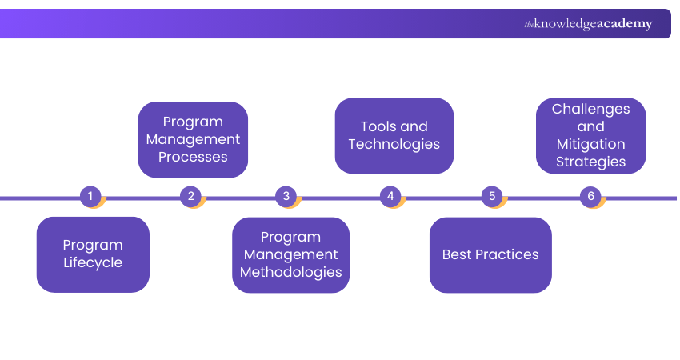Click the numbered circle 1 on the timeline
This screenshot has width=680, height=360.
(x=90, y=196)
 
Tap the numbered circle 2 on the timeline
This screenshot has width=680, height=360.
(x=190, y=196)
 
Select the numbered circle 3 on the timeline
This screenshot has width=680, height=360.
(x=286, y=196)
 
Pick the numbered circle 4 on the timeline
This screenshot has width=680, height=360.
(x=390, y=196)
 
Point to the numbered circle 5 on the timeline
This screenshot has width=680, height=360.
(x=491, y=196)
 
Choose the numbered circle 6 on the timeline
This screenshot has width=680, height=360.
(x=590, y=196)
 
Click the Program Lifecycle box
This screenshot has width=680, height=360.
(x=93, y=254)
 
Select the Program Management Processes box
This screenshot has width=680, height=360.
(x=193, y=139)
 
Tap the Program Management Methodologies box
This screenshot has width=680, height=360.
(x=291, y=254)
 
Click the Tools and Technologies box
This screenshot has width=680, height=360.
(x=394, y=135)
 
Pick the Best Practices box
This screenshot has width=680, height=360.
(x=490, y=254)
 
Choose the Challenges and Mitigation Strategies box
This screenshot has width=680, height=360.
(x=590, y=135)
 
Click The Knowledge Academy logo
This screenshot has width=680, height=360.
(x=588, y=24)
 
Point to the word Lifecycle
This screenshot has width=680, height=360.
(x=93, y=263)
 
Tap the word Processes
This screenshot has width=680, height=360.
(x=193, y=157)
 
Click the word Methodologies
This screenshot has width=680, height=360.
(x=291, y=272)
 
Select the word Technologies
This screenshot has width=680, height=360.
(x=394, y=144)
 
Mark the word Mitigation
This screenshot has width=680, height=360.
(x=591, y=144)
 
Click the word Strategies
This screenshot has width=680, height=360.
(x=591, y=162)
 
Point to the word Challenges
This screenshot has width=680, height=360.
(x=591, y=109)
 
